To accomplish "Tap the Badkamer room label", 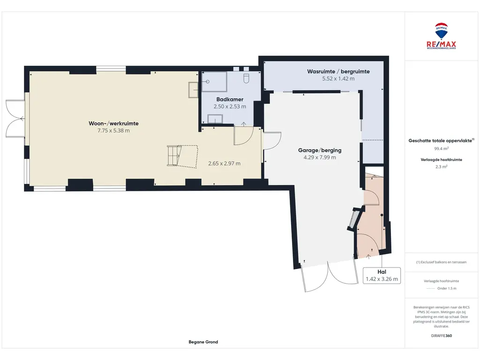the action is pos(230,99).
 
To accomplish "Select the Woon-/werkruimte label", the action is pos(113,123).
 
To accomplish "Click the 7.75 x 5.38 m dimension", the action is pos(113,130).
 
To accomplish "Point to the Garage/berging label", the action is pos(320,150).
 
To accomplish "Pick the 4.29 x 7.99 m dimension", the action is pos(320,157).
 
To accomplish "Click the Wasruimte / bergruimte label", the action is pos(338,71).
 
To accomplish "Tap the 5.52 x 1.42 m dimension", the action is pos(338,79).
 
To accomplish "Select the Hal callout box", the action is pos(382,276).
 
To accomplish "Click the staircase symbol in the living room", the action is pos(182,156).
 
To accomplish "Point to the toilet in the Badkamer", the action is pos(247,78).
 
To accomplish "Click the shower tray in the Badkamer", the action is pos(214,82).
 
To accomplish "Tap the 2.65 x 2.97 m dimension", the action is pos(224,164).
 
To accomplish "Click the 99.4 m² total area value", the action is pos(441,149).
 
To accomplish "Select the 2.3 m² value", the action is pos(441,167).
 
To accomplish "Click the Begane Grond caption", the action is pos(203,342).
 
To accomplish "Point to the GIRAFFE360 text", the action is pos(441,336).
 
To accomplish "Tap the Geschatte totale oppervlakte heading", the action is pos(441,141).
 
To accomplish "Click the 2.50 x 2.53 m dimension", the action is pos(230,106).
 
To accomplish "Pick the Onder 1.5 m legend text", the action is pos(447,288).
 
